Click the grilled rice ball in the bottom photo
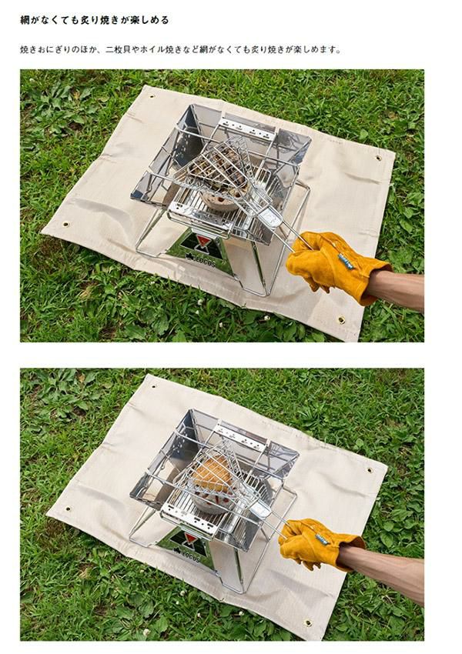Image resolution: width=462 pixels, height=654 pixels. [x=213, y=474]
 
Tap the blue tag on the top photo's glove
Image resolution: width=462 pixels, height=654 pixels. [x=346, y=262]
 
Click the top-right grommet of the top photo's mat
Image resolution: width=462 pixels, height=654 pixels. [x=378, y=158]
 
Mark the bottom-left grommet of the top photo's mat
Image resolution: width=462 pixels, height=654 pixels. [x=66, y=224]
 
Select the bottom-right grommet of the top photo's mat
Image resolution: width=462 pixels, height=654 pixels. [x=341, y=320]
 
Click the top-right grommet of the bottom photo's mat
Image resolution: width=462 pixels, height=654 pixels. [x=369, y=470]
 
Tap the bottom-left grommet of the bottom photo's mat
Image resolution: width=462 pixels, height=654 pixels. [x=67, y=509]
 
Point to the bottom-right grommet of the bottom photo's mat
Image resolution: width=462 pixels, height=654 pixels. [x=308, y=622]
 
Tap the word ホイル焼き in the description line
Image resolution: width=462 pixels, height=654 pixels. [x=160, y=50]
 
